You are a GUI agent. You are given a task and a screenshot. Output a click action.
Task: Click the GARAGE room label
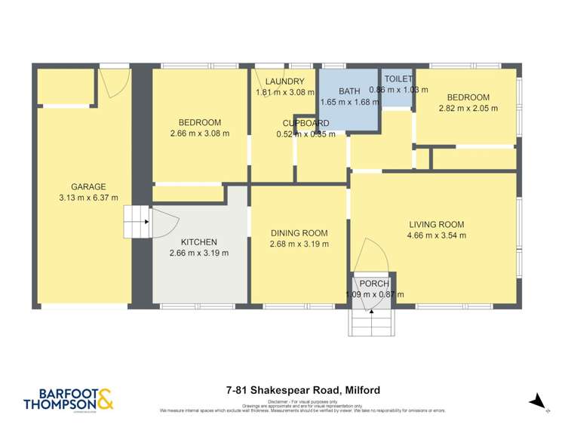pyautogui.click(x=88, y=187)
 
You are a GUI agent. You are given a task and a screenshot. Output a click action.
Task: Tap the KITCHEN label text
pyautogui.click(x=199, y=241)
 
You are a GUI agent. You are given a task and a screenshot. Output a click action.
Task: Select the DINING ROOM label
pyautogui.click(x=299, y=232)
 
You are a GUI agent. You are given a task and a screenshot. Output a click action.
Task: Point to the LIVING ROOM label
pyautogui.click(x=437, y=224)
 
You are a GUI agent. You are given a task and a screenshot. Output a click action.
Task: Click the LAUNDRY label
pyautogui.click(x=284, y=81)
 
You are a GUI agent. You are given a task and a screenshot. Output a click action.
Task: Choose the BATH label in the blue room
pyautogui.click(x=349, y=91)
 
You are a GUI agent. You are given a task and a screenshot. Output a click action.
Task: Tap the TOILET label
pyautogui.click(x=398, y=78)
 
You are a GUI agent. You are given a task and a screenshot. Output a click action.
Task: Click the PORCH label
pyautogui.click(x=374, y=284)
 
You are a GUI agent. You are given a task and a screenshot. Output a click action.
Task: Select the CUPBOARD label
pyautogui.click(x=306, y=124)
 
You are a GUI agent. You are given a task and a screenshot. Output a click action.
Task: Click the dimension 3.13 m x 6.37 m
pyautogui.click(x=88, y=198)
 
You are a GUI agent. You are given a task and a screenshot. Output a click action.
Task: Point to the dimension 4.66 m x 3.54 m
pyautogui.click(x=437, y=235)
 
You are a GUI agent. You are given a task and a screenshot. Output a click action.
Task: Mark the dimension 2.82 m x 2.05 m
pyautogui.click(x=468, y=108)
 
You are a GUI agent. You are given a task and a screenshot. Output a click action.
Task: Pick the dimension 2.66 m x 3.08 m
pyautogui.click(x=199, y=134)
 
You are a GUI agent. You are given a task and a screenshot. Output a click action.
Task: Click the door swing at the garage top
pyautogui.click(x=112, y=82)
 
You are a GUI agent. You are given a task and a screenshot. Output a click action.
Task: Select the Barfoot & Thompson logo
pyautogui.click(x=69, y=398)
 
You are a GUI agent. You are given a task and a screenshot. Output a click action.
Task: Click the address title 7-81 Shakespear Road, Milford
pyautogui.click(x=302, y=390)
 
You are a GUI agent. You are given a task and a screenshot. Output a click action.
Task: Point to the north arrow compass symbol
pyautogui.click(x=537, y=400)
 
